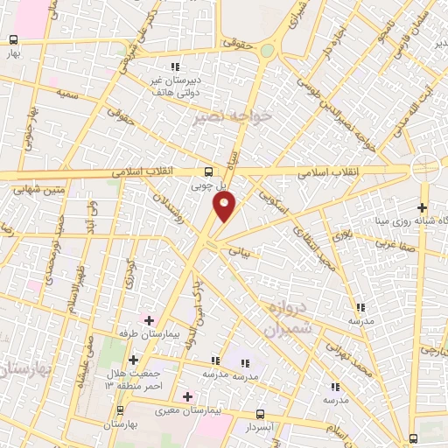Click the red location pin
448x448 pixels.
tap(225, 207)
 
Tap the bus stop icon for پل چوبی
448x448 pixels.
tap(207, 172)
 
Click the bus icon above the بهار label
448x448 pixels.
tap(13, 40)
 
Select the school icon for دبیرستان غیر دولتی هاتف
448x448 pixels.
tap(176, 66)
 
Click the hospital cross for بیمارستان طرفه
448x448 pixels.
tap(148, 321)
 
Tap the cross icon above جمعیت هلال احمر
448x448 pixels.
tap(133, 360)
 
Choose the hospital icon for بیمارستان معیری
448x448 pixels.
tap(187, 395)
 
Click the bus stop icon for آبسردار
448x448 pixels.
tap(260, 414)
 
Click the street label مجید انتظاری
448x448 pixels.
tap(316, 254)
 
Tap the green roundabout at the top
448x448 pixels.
tap(266, 51)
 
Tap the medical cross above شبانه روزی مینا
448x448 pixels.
tap(422, 208)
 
